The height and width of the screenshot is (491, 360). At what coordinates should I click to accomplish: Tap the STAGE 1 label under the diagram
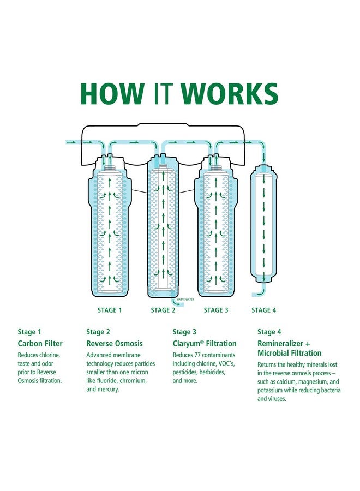[x=110, y=310]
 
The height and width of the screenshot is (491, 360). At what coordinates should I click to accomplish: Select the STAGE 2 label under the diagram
[x=163, y=310]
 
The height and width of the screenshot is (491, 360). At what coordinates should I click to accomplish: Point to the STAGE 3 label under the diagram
[x=216, y=310]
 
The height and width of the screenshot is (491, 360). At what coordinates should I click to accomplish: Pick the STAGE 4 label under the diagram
[x=263, y=310]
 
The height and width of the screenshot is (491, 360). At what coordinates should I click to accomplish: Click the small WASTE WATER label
[x=186, y=300]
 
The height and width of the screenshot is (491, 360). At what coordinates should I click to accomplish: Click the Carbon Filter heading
[x=40, y=344]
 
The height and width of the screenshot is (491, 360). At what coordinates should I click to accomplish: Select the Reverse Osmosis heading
[x=115, y=344]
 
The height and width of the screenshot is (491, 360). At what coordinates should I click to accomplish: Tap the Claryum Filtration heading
[x=205, y=344]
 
